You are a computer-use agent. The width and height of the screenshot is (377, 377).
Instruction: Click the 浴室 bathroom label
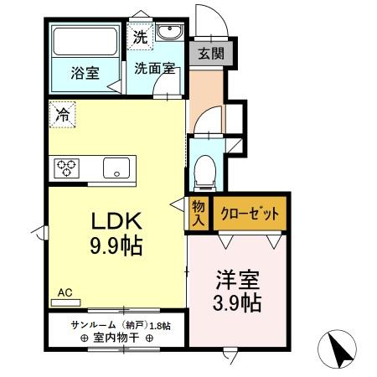(x=84, y=72)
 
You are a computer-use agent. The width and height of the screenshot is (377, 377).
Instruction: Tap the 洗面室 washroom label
(x=154, y=69)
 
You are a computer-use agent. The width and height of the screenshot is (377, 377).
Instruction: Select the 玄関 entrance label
(x=210, y=53)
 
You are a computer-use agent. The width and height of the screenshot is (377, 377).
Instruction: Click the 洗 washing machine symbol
(x=139, y=37)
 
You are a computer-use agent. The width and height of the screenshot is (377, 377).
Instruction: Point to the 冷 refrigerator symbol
(x=62, y=115)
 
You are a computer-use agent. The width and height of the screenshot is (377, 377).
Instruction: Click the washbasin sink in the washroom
(x=168, y=34)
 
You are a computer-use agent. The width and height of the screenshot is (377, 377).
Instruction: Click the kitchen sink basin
(x=115, y=168)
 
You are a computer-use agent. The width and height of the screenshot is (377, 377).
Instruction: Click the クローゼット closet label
(x=249, y=214)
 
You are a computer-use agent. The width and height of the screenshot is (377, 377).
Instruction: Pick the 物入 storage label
(x=199, y=213)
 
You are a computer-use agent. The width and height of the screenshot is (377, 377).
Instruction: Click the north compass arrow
(x=340, y=348)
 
